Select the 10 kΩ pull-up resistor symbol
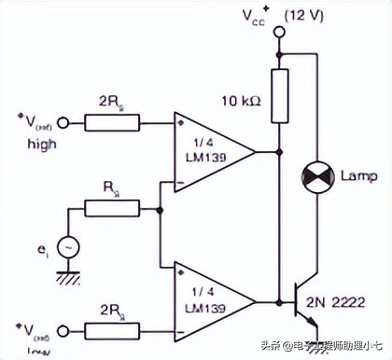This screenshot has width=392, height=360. tap(279, 94)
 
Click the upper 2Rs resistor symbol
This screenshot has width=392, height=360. tap(112, 121)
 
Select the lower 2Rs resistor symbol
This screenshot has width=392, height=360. tap(112, 331)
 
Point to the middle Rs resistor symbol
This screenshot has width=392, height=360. tap(112, 208)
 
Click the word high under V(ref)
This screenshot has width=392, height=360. tap(41, 145)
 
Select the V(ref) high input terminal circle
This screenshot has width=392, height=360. tap(63, 121)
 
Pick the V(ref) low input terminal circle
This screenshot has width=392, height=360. tap(63, 331)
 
